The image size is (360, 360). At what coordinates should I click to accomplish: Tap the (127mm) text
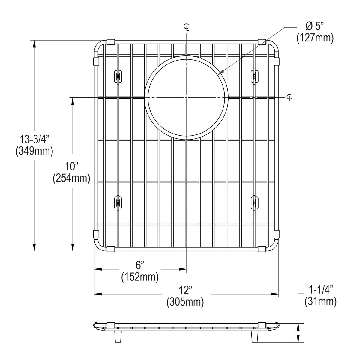pyautogui.click(x=315, y=38)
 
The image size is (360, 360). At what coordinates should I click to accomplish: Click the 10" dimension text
pyautogui.click(x=72, y=166)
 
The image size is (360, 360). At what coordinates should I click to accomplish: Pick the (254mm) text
pyautogui.click(x=72, y=178)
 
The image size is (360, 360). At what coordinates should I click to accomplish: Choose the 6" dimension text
pyautogui.click(x=140, y=265)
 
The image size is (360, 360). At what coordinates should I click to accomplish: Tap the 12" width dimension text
pyautogui.click(x=185, y=290)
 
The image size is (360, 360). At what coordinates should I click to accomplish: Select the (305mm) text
pyautogui.click(x=185, y=302)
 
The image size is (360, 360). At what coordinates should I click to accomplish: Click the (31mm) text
pyautogui.click(x=321, y=301)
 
